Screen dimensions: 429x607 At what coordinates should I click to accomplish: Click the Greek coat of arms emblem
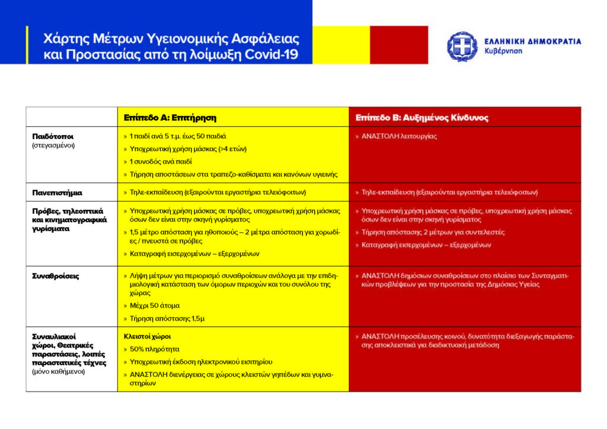pyautogui.click(x=462, y=46)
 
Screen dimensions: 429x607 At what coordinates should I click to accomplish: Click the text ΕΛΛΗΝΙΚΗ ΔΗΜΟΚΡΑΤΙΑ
pyautogui.click(x=532, y=41)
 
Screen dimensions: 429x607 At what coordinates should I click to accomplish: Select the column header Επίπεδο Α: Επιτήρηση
pyautogui.click(x=170, y=117)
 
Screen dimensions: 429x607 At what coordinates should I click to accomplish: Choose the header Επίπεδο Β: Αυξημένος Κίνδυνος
pyautogui.click(x=421, y=117)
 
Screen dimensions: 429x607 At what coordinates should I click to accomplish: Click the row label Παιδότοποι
pyautogui.click(x=53, y=136)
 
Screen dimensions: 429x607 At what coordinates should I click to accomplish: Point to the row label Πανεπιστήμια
pyautogui.click(x=57, y=193)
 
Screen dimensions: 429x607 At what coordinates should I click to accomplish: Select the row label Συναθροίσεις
pyautogui.click(x=56, y=276)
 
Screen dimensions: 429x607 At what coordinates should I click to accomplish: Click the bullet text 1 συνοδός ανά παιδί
pyautogui.click(x=161, y=161)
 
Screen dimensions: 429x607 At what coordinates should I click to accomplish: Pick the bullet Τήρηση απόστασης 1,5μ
pyautogui.click(x=167, y=318)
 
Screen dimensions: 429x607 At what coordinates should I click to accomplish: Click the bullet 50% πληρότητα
pyautogui.click(x=154, y=349)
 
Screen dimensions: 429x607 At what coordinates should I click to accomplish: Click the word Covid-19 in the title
pyautogui.click(x=273, y=55)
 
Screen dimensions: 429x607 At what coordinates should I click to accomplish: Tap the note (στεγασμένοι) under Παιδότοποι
pyautogui.click(x=53, y=145)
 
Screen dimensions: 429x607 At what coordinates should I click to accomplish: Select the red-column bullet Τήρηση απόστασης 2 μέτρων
pyautogui.click(x=433, y=232)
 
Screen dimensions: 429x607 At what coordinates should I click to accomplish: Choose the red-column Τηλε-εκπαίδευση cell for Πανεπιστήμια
pyautogui.click(x=449, y=193)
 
